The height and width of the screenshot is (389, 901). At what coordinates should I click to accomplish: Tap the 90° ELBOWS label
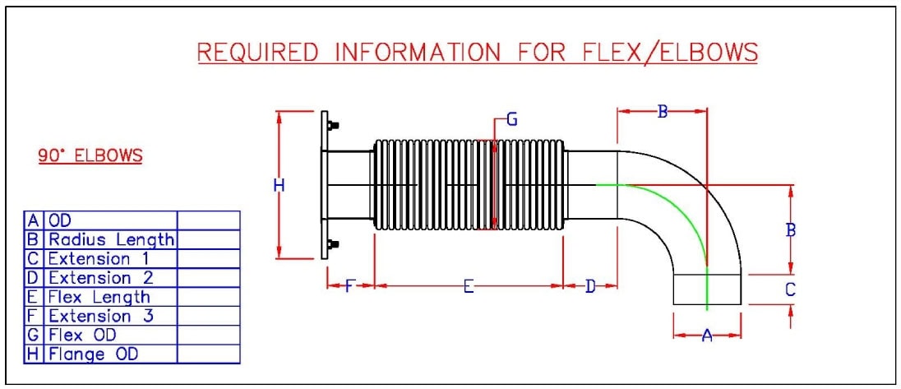90,155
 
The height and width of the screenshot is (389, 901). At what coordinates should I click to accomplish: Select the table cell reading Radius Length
111,239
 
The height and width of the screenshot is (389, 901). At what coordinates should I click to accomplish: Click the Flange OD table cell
111,354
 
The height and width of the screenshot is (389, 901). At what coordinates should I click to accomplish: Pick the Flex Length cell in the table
111,297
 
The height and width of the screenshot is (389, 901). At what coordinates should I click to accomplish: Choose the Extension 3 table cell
111,316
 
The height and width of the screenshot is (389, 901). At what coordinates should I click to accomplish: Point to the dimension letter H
279,187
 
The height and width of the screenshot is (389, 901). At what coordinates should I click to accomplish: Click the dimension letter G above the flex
511,120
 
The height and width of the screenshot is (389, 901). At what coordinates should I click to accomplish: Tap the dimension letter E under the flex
468,286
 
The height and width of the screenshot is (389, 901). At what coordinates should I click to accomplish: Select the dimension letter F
349,286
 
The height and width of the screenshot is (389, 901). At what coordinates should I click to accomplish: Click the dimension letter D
590,286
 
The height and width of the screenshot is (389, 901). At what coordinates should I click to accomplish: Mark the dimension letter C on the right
790,289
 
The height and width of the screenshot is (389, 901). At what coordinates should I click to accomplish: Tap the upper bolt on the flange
332,127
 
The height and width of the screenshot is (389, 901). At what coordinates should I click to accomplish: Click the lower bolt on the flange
332,244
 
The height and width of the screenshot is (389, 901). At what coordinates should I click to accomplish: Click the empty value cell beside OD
209,220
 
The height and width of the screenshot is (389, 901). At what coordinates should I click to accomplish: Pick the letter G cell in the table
34,335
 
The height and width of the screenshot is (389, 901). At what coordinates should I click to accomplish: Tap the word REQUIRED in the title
258,53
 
